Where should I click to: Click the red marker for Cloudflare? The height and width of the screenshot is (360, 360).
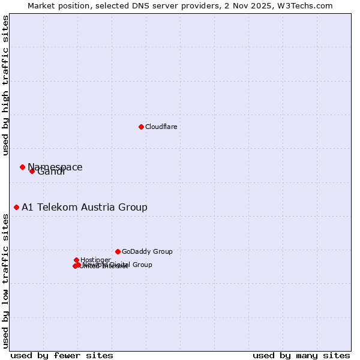tap(141, 127)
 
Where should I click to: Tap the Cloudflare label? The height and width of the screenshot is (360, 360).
tap(161, 127)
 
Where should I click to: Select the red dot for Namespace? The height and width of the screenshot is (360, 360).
tap(22, 167)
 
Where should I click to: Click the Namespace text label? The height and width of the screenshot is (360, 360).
tap(55, 167)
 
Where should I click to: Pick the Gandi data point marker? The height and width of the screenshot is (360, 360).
tap(32, 171)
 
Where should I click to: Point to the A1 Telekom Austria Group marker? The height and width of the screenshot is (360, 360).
tap(16, 207)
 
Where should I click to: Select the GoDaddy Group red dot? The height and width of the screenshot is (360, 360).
tap(118, 251)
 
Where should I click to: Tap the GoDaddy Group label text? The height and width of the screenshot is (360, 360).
tap(147, 251)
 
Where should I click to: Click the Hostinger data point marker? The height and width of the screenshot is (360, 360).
tap(76, 260)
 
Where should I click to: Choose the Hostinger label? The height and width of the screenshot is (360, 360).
tap(95, 260)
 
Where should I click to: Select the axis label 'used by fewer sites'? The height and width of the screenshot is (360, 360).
tap(62, 355)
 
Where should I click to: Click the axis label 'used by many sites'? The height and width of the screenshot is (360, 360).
tap(301, 355)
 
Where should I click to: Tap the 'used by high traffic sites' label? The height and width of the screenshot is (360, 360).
tap(5, 85)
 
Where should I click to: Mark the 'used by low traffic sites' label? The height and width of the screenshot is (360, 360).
tap(5, 280)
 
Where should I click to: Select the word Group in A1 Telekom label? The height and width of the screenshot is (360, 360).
tap(133, 207)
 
